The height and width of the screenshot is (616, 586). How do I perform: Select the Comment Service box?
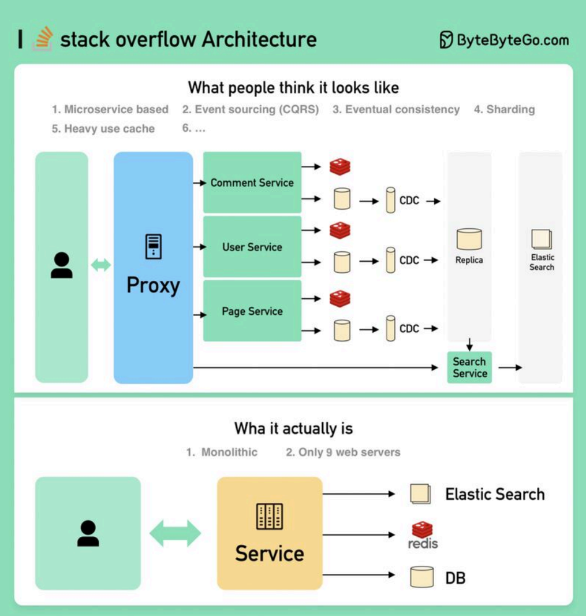coord(252,183)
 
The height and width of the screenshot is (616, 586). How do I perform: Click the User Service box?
coord(252,247)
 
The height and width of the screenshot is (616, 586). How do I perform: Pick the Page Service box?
coord(252,311)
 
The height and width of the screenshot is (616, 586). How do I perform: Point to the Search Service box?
coord(469,368)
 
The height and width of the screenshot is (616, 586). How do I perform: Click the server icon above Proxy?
coord(153,246)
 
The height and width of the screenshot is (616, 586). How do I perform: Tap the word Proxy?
coord(153,285)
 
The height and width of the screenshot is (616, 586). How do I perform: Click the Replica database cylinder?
coord(469,239)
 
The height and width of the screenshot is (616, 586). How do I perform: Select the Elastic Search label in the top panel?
coord(542,262)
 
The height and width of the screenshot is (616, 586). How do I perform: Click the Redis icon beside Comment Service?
coord(340,167)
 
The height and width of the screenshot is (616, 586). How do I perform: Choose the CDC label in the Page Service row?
coord(409,329)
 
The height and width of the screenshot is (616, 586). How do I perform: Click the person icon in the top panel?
coord(62,266)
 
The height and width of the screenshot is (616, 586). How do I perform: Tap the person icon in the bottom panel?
coord(88,533)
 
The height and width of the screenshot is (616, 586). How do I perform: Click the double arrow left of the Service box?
coord(176,533)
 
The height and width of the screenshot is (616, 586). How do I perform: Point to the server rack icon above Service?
coord(270,517)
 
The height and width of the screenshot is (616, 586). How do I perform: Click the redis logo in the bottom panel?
coord(423,535)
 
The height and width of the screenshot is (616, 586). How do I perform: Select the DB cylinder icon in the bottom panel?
coord(421,576)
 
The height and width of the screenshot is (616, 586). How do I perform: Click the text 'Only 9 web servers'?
coord(343,452)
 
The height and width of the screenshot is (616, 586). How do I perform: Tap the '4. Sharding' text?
coord(504,109)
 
